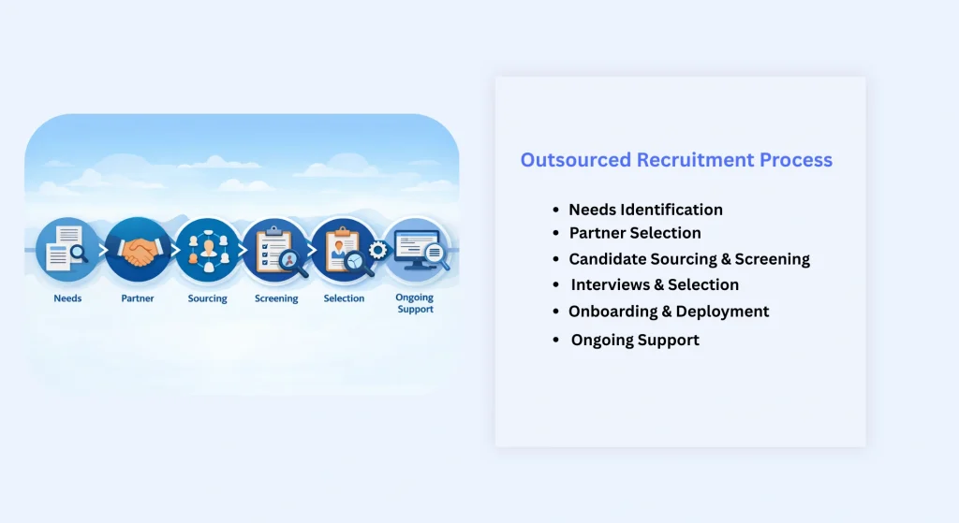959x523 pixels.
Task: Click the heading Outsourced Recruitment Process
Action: tap(676, 160)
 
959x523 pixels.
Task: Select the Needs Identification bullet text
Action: tap(645, 210)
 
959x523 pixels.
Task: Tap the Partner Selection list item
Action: tap(635, 233)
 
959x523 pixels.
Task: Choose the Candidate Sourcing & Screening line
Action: tap(689, 259)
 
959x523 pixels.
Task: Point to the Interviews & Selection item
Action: tap(655, 284)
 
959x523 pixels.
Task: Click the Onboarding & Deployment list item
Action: tap(669, 312)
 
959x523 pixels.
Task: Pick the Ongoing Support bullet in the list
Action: tap(635, 340)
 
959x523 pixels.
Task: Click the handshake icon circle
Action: tap(139, 250)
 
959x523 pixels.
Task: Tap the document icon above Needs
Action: tap(67, 250)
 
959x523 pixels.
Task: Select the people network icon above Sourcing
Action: tap(207, 250)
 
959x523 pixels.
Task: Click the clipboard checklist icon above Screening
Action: tap(275, 250)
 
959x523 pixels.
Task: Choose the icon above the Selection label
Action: tap(344, 250)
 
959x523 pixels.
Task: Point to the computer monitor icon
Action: tap(415, 250)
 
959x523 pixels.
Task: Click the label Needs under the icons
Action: tap(67, 298)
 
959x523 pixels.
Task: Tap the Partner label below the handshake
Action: tap(138, 298)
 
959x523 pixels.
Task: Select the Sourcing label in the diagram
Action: tap(207, 298)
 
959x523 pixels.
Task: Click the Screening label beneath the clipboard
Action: tap(276, 298)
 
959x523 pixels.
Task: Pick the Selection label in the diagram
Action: tap(344, 298)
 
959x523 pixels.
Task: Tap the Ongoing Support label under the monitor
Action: tap(415, 303)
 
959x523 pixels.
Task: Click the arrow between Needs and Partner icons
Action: tap(103, 251)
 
